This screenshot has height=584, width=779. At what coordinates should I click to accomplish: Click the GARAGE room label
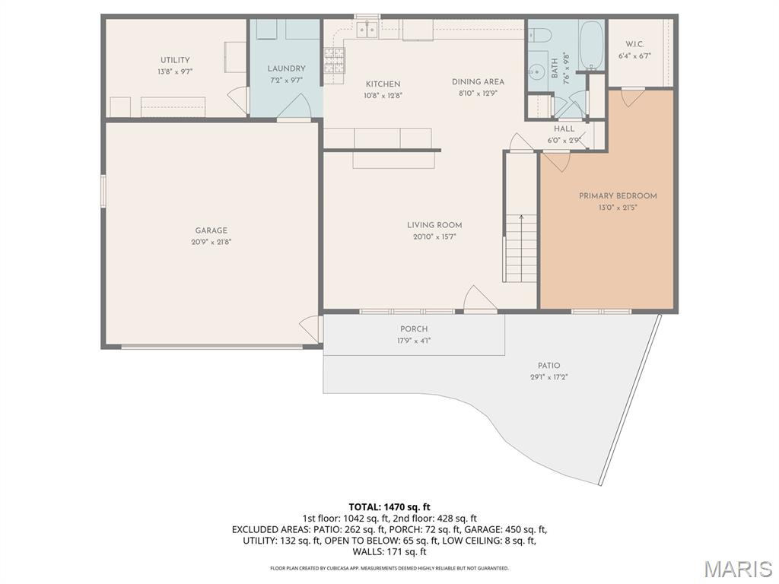click(x=211, y=230)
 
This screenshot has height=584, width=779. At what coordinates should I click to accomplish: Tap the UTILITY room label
click(x=175, y=60)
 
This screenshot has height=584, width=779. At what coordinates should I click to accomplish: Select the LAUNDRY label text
click(x=287, y=68)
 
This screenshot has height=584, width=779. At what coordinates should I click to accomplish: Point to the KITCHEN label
click(x=383, y=84)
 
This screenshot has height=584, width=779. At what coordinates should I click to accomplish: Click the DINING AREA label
click(x=478, y=82)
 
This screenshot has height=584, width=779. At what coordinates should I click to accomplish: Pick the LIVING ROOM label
click(x=434, y=225)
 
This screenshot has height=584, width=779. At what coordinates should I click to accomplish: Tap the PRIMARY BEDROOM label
click(x=618, y=195)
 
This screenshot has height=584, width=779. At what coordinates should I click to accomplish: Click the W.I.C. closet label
click(x=634, y=44)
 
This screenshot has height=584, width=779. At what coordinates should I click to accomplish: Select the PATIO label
click(x=549, y=366)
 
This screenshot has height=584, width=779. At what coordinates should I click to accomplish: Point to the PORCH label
click(x=414, y=329)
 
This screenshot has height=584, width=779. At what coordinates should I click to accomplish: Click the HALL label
click(x=564, y=129)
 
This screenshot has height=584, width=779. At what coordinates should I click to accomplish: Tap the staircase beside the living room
click(x=521, y=247)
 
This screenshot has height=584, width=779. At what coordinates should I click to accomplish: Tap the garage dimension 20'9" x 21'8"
click(x=211, y=243)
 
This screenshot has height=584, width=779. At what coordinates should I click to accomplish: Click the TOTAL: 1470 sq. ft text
click(x=389, y=506)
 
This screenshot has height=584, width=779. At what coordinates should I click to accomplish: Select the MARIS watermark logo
click(x=738, y=569)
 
